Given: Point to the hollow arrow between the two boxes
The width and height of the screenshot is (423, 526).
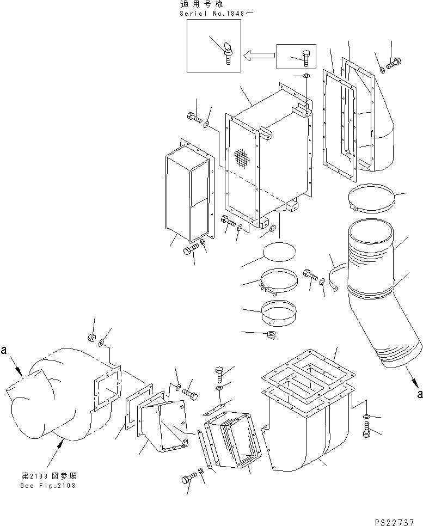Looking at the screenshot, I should pyautogui.click(x=259, y=55).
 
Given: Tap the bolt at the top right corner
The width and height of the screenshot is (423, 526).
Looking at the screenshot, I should pyautogui.click(x=395, y=63).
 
